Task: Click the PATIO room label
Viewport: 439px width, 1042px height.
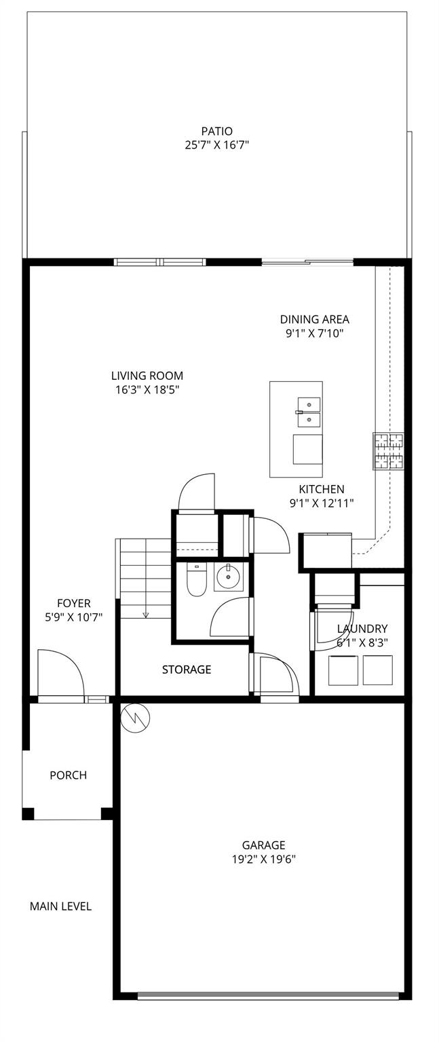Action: coord(216,131)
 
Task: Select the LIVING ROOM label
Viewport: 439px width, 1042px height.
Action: coord(147,376)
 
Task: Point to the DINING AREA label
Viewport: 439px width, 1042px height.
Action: coord(314,320)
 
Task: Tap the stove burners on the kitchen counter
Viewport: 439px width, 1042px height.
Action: coord(387,451)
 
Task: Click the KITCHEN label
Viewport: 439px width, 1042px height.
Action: coord(322,489)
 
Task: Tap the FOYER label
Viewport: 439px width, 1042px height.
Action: coord(73,603)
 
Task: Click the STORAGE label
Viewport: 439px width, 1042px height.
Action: coord(187,670)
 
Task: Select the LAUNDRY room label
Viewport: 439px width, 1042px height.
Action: coord(362,629)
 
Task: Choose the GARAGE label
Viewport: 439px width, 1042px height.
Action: coord(263,845)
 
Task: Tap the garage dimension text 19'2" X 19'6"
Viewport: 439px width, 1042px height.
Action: coord(263,859)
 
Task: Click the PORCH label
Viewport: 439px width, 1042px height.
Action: coord(68,775)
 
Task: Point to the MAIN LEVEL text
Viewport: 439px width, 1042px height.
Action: coord(60,906)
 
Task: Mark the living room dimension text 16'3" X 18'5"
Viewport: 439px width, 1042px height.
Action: coord(147,389)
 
